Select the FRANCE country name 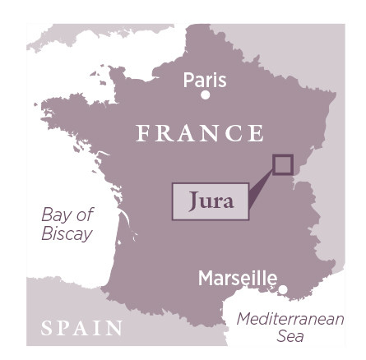[202, 132]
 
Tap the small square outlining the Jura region [282, 164]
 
